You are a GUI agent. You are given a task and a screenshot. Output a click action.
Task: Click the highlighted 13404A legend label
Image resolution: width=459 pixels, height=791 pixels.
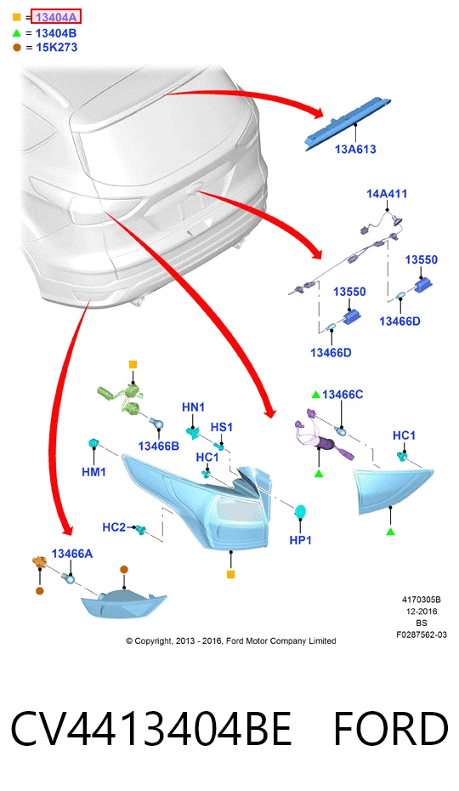click(56, 17)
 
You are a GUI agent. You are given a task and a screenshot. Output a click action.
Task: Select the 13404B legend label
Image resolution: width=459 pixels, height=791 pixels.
click(56, 33)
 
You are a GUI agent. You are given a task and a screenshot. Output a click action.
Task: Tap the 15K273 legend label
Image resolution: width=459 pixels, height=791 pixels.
click(56, 48)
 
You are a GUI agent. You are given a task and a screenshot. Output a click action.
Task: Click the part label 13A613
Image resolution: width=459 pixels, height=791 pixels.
click(355, 149)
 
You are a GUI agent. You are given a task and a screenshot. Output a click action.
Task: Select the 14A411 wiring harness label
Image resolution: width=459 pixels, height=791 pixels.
click(387, 193)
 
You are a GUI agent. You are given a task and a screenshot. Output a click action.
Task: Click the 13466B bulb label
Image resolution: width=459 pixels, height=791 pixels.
click(158, 446)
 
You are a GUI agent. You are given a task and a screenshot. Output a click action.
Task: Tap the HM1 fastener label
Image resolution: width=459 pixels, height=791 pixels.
click(93, 472)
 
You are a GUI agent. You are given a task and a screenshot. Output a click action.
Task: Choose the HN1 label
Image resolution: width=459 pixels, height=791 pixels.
click(193, 407)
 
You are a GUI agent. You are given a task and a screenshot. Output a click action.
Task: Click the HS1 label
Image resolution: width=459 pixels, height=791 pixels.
click(222, 427)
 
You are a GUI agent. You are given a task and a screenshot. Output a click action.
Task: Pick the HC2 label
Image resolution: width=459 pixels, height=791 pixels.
click(114, 527)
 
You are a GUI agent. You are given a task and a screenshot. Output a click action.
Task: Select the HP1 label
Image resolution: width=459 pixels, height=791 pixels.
click(300, 540)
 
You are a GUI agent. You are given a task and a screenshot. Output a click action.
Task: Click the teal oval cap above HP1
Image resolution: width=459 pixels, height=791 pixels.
click(301, 511)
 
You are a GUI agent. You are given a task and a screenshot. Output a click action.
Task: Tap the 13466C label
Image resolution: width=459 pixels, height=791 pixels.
click(343, 395)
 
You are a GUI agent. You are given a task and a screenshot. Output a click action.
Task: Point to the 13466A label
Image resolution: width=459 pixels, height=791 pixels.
click(72, 554)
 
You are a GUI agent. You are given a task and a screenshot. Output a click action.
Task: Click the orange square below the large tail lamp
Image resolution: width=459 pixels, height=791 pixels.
click(230, 574)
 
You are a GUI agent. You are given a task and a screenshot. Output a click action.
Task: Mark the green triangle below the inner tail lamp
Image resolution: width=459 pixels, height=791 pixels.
click(390, 532)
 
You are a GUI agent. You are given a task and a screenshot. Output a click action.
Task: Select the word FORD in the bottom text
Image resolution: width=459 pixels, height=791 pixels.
click(390, 728)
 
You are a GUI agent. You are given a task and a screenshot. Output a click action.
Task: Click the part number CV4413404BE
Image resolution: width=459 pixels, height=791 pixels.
click(151, 728)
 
